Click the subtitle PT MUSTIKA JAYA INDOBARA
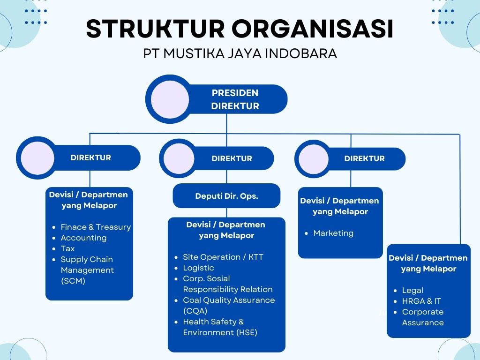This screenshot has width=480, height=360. pyautogui.click(x=240, y=53)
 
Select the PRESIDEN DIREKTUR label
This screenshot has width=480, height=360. pyautogui.click(x=235, y=99)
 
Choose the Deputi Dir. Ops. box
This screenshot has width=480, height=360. pyautogui.click(x=226, y=196)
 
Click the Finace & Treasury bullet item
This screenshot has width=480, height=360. pyautogui.click(x=96, y=227)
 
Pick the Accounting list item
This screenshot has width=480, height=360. pyautogui.click(x=83, y=238)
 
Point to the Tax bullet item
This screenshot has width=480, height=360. pyautogui.click(x=67, y=248)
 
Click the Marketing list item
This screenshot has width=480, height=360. pyautogui.click(x=333, y=233)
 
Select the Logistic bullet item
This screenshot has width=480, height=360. pyautogui.click(x=198, y=268)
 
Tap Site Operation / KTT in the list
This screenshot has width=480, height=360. pyautogui.click(x=223, y=257)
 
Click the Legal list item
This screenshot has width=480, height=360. pyautogui.click(x=412, y=290)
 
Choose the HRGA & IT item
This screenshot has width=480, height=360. pyautogui.click(x=421, y=301)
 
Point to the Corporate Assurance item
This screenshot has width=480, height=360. pyautogui.click(x=423, y=317)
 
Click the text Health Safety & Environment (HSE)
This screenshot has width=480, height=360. pyautogui.click(x=220, y=327)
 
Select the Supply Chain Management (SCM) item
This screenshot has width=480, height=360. pyautogui.click(x=87, y=270)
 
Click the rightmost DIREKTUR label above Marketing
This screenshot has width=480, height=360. pyautogui.click(x=364, y=158)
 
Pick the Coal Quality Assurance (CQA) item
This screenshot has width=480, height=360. pyautogui.click(x=229, y=305)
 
